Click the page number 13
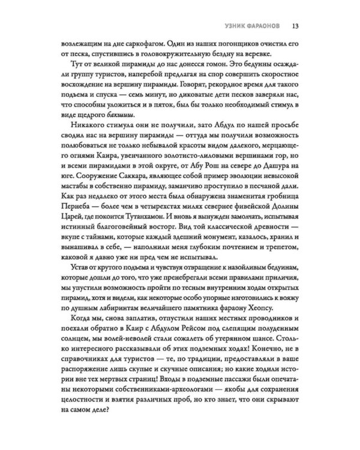296,26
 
